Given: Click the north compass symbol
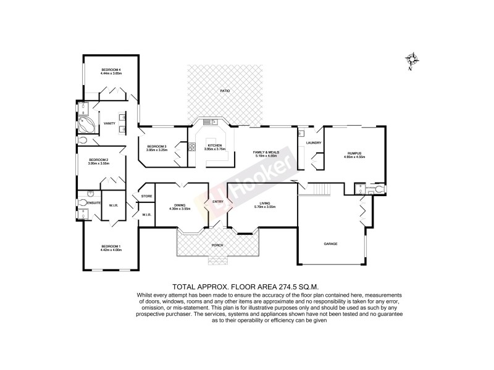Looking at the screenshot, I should coord(412,60).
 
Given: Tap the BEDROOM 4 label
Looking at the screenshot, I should coord(112,70).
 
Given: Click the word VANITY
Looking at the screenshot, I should coord(110,122).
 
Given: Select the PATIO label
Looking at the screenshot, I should coord(225,91).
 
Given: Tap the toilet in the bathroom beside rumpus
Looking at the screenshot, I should coord(379,188).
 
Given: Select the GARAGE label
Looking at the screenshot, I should coord(331,244).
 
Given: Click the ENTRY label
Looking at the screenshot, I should coord(218,202).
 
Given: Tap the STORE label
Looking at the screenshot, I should coord(146,196).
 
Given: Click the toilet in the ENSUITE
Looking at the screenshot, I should coord(84,202).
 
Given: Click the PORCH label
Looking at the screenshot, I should coord(218,245).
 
